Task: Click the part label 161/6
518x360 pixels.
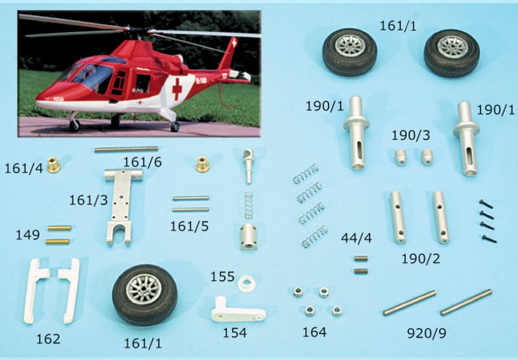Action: click(142, 162)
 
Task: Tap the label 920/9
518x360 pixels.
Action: click(426, 333)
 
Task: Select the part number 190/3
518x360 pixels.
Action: click(411, 135)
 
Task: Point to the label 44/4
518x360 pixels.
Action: click(357, 238)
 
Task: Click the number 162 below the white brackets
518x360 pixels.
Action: click(48, 339)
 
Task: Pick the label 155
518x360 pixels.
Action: click(222, 277)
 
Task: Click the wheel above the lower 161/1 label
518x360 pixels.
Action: click(144, 295)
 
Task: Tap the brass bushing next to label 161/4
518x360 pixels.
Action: click(53, 164)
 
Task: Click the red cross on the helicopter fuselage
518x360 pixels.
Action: click(177, 89)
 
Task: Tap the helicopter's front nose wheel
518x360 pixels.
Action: click(75, 125)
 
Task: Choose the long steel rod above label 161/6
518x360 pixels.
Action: click(126, 149)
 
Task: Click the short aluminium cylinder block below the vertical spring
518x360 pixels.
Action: click(248, 236)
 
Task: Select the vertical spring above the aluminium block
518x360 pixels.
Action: click(249, 205)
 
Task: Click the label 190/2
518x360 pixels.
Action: click(420, 259)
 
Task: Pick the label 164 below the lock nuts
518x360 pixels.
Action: click(314, 332)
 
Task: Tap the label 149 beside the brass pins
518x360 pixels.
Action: click(28, 235)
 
